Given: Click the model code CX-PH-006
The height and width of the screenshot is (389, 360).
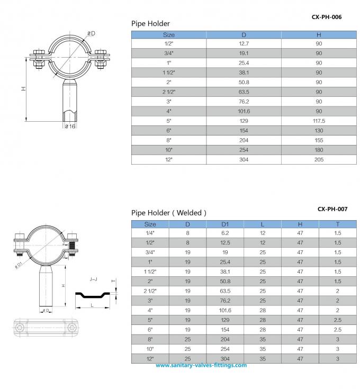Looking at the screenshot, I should [x=326, y=17].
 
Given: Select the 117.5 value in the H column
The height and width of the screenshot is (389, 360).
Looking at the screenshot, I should [x=319, y=121].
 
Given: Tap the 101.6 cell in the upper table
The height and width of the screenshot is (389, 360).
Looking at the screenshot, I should [x=244, y=111].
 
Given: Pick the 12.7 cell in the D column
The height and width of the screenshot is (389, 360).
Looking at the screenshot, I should [x=244, y=43].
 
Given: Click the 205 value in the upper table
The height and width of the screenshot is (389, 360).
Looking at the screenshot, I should [x=319, y=159].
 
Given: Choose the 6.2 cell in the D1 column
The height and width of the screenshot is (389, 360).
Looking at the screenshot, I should [x=225, y=233].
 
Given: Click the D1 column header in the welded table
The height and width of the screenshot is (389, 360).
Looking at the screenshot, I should [x=225, y=224].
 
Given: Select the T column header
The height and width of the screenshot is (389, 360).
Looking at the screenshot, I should [x=337, y=224].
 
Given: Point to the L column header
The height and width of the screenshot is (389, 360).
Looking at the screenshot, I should [x=263, y=224].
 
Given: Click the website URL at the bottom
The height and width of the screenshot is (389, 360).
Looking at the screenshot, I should [x=201, y=365].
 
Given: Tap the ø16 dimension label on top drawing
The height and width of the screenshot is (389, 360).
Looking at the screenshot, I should [x=70, y=127].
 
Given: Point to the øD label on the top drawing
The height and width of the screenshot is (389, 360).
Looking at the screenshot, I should [x=91, y=34].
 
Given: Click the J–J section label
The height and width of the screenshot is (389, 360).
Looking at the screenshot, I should [x=94, y=278].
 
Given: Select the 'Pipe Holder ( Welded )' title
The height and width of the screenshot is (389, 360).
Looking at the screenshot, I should [x=169, y=213].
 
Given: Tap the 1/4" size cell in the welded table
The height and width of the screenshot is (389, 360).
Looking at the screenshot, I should [x=150, y=233].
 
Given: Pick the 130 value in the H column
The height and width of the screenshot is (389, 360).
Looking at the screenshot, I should [x=319, y=130].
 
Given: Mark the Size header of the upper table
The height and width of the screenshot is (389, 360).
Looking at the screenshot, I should [x=168, y=34].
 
